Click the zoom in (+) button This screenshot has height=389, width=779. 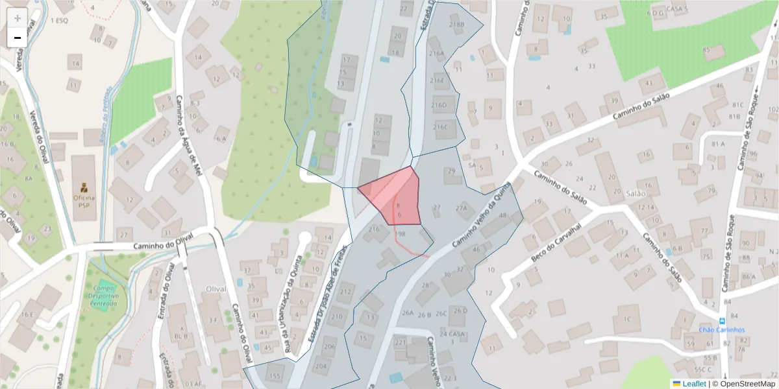pyautogui.click(x=18, y=18)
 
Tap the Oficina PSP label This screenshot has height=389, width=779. pyautogui.click(x=84, y=201)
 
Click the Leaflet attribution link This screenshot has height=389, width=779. pyautogui.click(x=694, y=384)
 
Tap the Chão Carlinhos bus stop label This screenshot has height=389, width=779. pyautogui.click(x=722, y=330)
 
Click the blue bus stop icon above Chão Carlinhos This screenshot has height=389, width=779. pyautogui.click(x=723, y=321)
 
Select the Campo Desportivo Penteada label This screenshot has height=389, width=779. pyautogui.click(x=105, y=296)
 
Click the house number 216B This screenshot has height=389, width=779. pyautogui.click(x=456, y=25)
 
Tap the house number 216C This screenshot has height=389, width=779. pyautogui.click(x=441, y=127)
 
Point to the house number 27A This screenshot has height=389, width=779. pyautogui.click(x=461, y=208)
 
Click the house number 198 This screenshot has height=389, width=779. pyautogui.click(x=400, y=234)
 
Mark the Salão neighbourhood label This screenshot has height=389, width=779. pyautogui.click(x=637, y=193)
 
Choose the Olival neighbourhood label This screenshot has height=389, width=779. pyautogui.click(x=216, y=289)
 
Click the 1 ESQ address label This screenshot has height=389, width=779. pyautogui.click(x=59, y=20)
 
